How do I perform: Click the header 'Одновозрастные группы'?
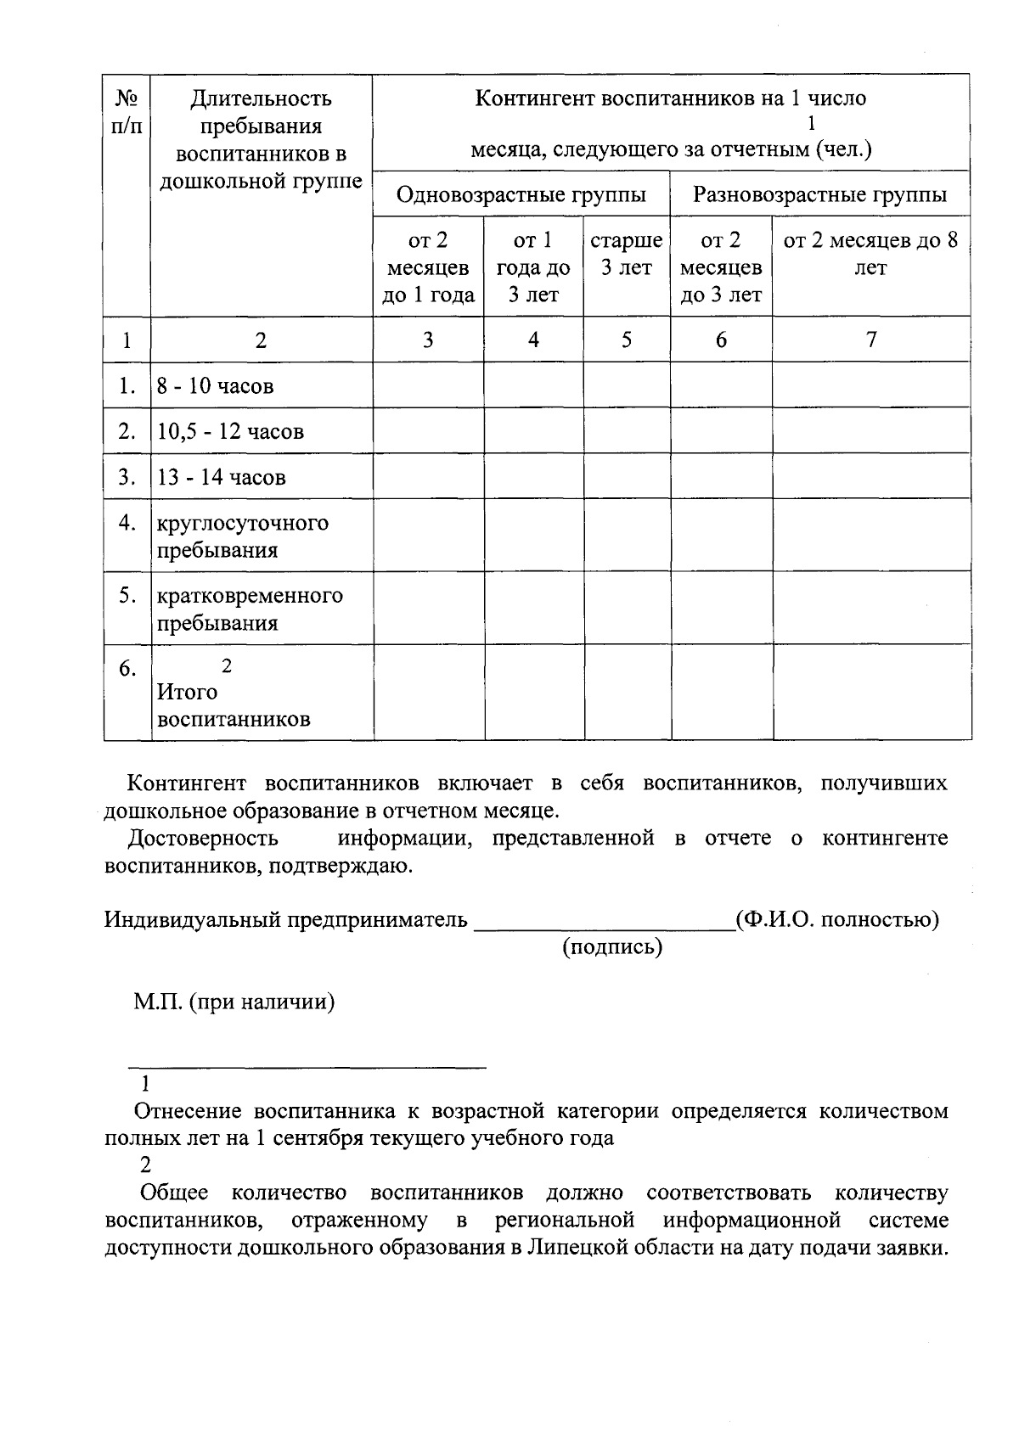pos(521,195)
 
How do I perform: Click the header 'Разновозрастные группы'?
pos(819,195)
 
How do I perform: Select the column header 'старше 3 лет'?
pos(627,254)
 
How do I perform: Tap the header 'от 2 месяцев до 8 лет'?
pos(870,254)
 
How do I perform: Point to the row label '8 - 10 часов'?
pos(216,386)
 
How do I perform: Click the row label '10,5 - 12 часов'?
pos(230,431)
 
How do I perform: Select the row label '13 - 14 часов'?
pos(222,477)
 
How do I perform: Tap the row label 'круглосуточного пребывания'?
pos(242,536)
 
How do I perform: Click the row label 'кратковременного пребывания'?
pos(250,609)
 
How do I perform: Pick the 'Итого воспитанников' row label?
pos(234,705)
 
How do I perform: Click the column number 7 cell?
pos(870,340)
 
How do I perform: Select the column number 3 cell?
pos(428,340)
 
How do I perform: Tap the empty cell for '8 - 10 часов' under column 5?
pos(627,385)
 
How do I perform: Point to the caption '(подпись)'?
pos(611,946)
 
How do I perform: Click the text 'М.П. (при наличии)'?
pos(234,1002)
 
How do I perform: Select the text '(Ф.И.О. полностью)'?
pos(837,919)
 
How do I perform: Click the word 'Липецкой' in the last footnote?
pos(571,1249)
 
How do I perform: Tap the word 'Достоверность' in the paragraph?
pos(203,839)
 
